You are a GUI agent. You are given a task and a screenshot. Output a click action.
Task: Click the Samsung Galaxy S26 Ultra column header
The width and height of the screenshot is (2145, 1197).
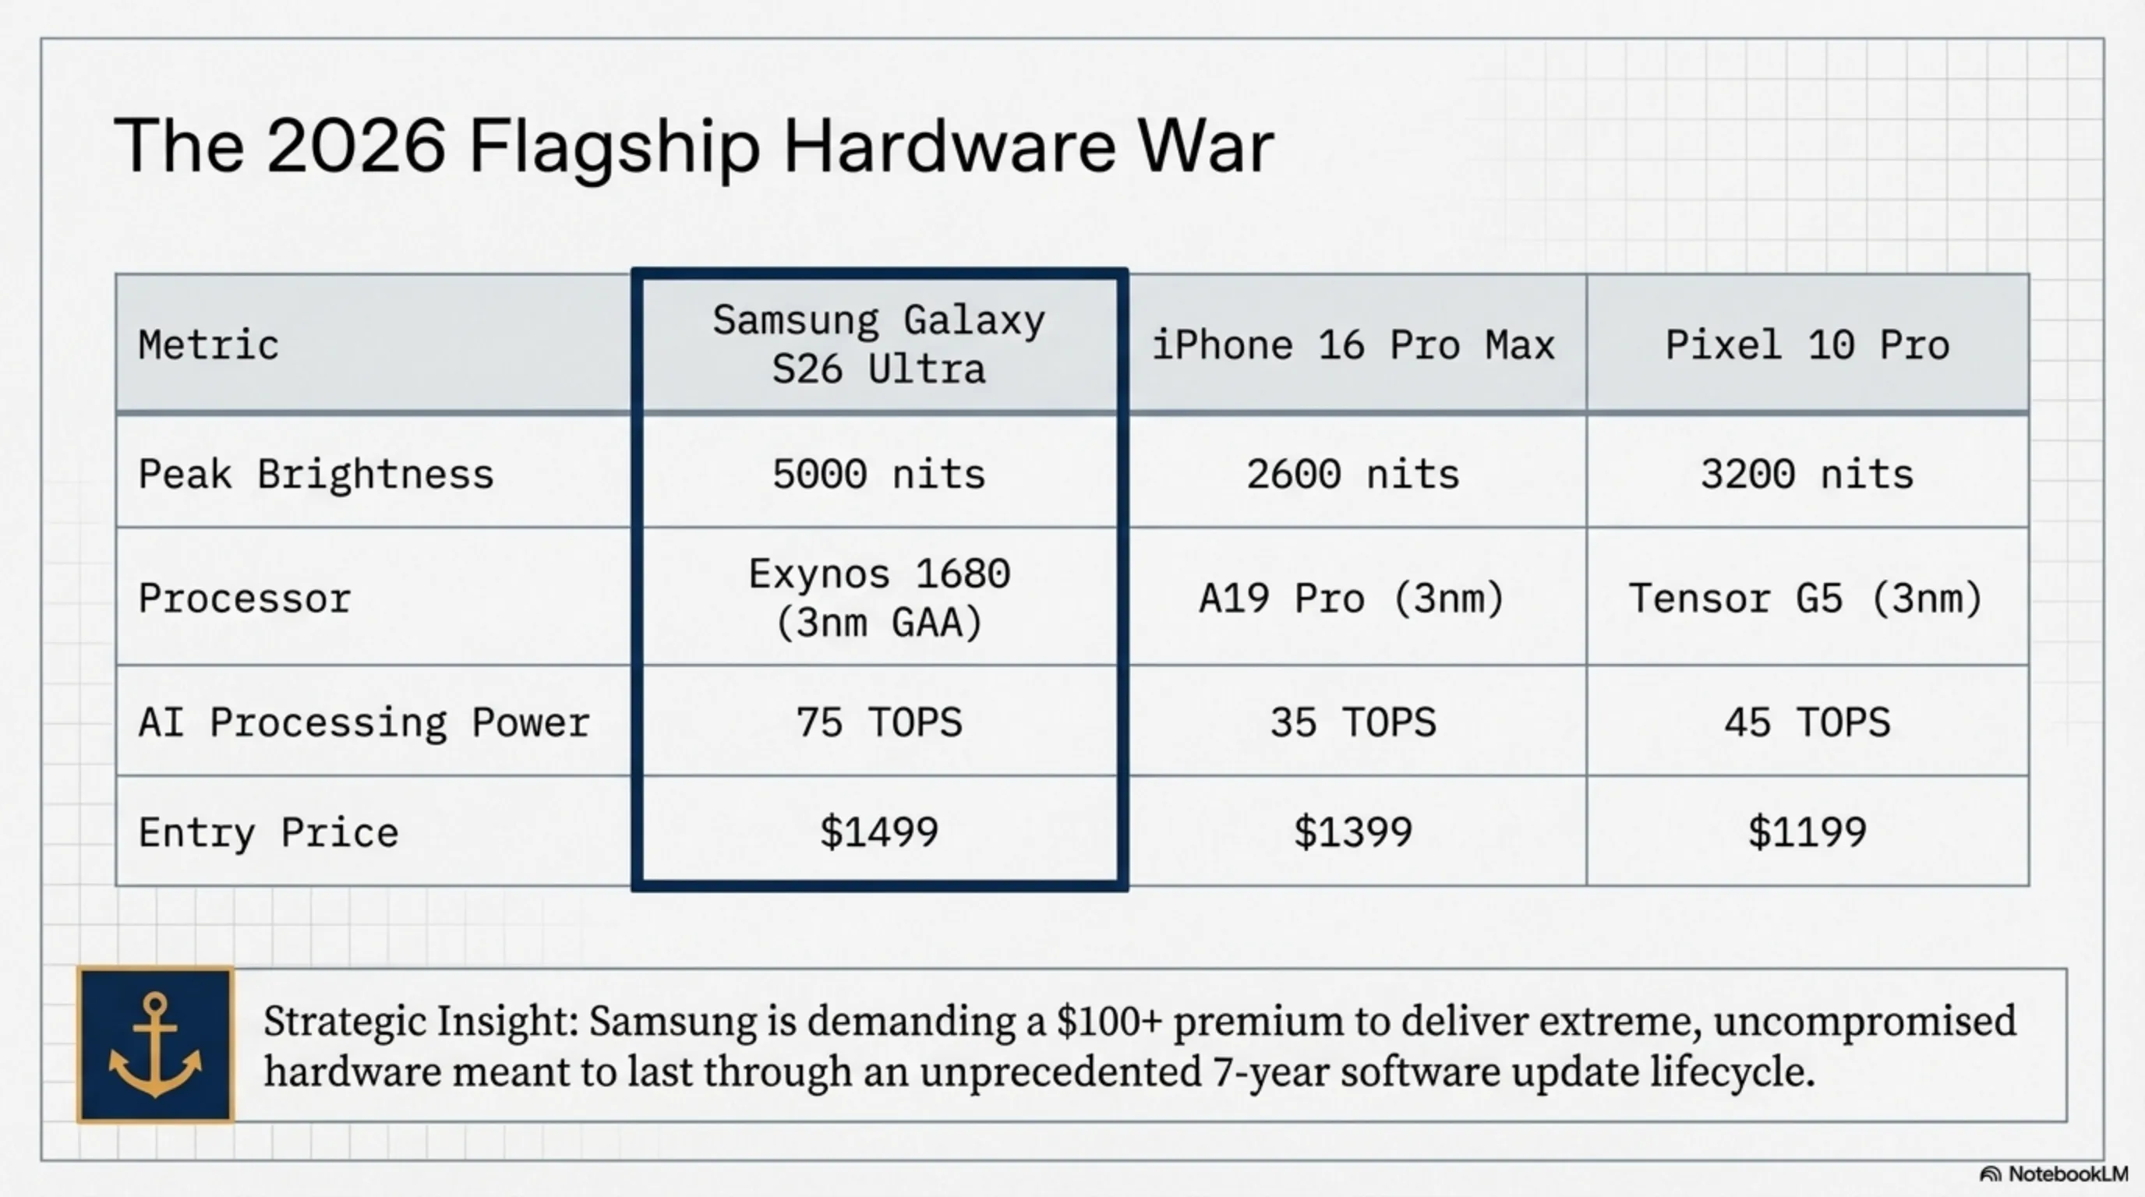pyautogui.click(x=878, y=344)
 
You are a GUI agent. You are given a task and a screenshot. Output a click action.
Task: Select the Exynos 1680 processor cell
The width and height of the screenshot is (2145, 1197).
pyautogui.click(x=878, y=598)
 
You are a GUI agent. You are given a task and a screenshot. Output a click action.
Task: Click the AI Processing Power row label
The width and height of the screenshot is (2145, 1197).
pyautogui.click(x=364, y=722)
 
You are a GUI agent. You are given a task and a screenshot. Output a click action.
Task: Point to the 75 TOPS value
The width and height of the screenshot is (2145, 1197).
pyautogui.click(x=878, y=722)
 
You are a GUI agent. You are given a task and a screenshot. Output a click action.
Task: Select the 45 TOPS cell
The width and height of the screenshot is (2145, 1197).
pyautogui.click(x=1807, y=722)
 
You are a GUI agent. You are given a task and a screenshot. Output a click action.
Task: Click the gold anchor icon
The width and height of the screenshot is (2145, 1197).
pyautogui.click(x=156, y=1045)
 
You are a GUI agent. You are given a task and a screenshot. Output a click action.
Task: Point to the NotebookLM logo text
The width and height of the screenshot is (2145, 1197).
pyautogui.click(x=2067, y=1174)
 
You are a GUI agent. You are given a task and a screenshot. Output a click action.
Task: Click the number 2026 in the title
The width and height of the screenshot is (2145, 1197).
pyautogui.click(x=355, y=147)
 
